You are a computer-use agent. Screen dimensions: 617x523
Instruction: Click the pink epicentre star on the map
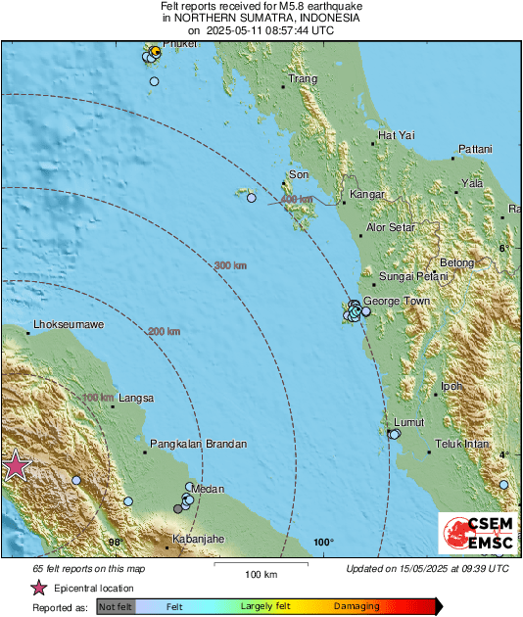tap(15, 466)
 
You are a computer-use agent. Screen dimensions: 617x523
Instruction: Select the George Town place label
tap(397, 301)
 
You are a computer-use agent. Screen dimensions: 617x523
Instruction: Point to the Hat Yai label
tap(398, 135)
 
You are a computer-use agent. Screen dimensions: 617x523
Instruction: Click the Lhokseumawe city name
tap(69, 324)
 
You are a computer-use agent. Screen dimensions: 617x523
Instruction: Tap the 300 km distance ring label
tap(230, 265)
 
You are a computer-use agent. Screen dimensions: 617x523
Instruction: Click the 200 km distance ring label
tap(165, 332)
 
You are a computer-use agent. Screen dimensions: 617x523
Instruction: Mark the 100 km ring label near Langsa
tap(98, 398)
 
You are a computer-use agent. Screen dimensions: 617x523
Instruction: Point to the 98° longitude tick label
tap(116, 543)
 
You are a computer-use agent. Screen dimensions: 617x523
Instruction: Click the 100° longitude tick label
tap(324, 543)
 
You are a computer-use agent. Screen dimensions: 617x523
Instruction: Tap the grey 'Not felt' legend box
tap(116, 607)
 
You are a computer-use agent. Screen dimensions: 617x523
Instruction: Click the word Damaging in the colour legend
tap(357, 607)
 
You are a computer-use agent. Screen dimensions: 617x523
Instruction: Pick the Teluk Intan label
tap(461, 445)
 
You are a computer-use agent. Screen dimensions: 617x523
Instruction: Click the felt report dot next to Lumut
tap(395, 434)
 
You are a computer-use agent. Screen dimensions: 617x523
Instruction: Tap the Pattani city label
tap(474, 149)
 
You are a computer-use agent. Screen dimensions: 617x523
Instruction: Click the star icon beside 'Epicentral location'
tap(38, 588)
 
